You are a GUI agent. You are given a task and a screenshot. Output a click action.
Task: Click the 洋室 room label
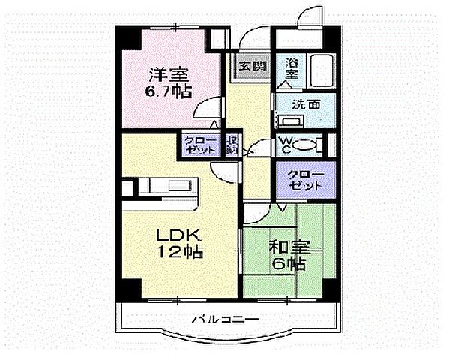[167, 75]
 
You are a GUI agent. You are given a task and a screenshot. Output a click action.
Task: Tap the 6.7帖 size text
[169, 92]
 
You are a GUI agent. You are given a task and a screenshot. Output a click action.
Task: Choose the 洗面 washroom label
[307, 104]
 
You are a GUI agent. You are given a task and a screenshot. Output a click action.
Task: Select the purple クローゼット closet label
[306, 179]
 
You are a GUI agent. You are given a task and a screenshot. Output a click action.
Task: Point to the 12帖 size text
[178, 252]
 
